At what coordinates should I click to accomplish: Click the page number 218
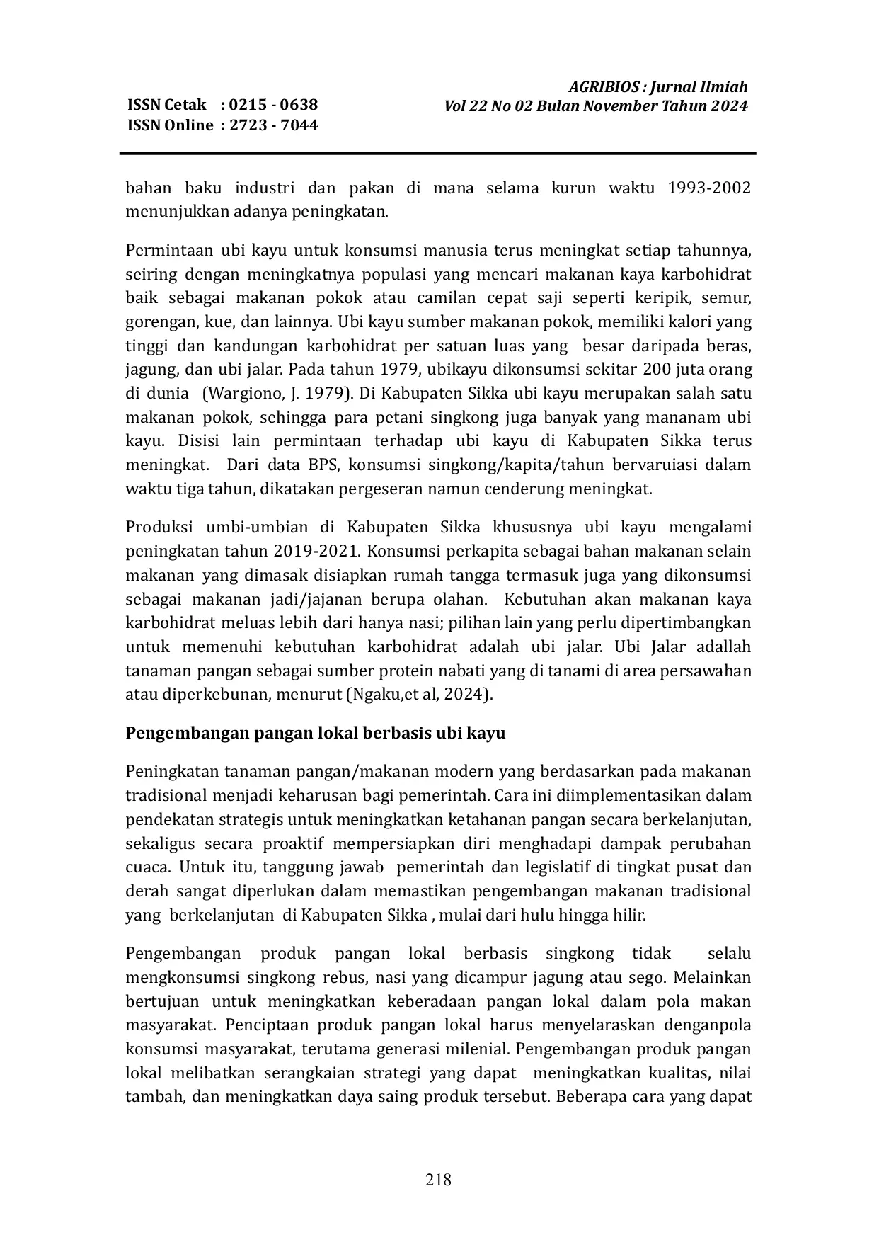[438, 1179]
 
